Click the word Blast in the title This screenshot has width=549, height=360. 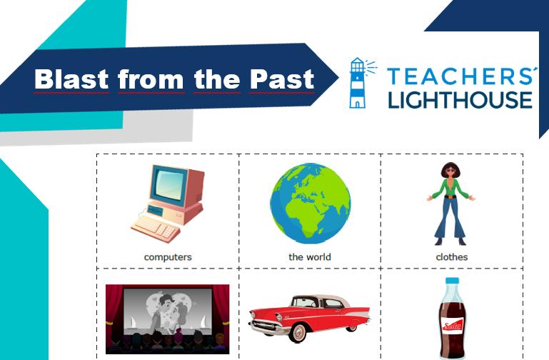click(71, 79)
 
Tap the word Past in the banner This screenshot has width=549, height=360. click(282, 79)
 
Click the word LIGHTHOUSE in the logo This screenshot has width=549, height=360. click(460, 100)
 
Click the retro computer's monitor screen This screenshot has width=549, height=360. click(168, 184)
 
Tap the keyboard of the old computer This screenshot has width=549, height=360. click(156, 229)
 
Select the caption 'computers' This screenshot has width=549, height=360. click(168, 257)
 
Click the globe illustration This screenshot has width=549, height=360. click(311, 204)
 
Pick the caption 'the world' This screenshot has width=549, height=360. click(310, 257)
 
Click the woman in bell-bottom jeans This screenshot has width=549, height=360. click(450, 204)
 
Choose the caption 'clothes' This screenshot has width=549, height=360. click(452, 257)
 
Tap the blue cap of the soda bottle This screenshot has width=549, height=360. click(452, 281)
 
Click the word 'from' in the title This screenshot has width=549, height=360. click(151, 79)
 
